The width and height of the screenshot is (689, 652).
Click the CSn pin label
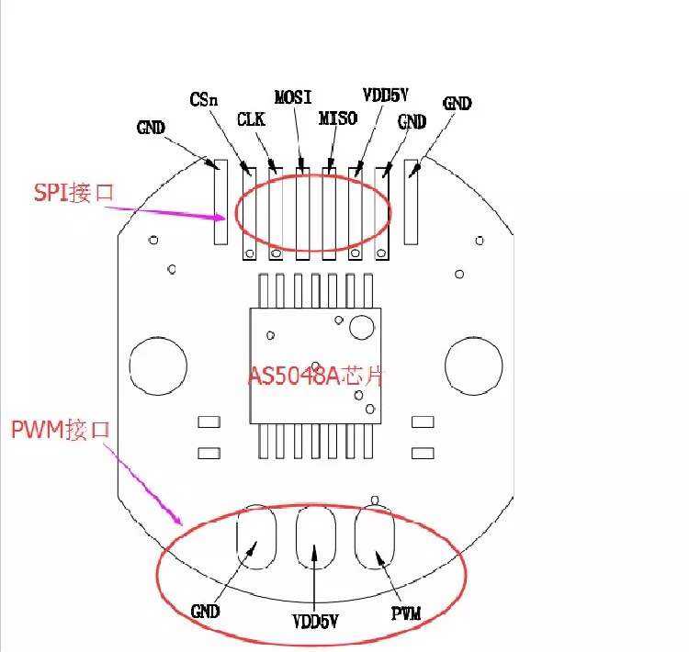pyautogui.click(x=203, y=99)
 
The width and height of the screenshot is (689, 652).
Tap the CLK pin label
pyautogui.click(x=251, y=119)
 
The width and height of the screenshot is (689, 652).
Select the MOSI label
pyautogui.click(x=293, y=96)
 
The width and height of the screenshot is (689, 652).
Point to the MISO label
pyautogui.click(x=337, y=118)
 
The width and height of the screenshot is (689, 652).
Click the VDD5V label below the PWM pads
pyautogui.click(x=316, y=622)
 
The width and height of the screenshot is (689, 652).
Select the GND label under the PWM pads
pyautogui.click(x=206, y=611)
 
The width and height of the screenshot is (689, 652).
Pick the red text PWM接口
pyautogui.click(x=61, y=429)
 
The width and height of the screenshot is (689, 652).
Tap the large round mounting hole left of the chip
pyautogui.click(x=157, y=365)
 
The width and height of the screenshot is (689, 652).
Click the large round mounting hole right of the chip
pyautogui.click(x=473, y=365)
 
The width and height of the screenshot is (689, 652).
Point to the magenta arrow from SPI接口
pyautogui.click(x=165, y=212)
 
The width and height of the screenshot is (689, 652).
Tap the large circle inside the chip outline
pyautogui.click(x=361, y=326)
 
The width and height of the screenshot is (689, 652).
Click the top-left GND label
pyautogui.click(x=151, y=128)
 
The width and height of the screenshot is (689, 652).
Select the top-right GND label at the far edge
pyautogui.click(x=457, y=104)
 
